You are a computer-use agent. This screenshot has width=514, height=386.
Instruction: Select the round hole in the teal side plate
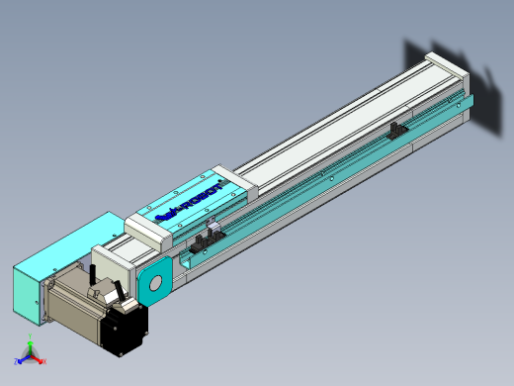click(155, 285)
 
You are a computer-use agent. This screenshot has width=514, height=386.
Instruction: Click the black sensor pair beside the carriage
click(209, 240)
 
